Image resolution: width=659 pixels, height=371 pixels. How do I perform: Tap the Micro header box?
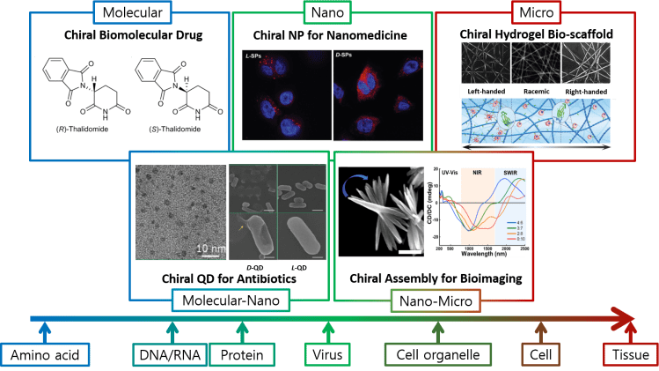tap(539, 12)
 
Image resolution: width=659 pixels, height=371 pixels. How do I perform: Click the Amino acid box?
tap(44, 354)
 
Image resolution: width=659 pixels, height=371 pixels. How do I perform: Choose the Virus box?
tap(329, 354)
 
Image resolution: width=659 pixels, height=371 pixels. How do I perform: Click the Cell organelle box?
tap(436, 354)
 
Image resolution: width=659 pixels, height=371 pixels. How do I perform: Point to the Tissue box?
tap(630, 354)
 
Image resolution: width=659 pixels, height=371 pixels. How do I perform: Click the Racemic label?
tap(536, 90)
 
